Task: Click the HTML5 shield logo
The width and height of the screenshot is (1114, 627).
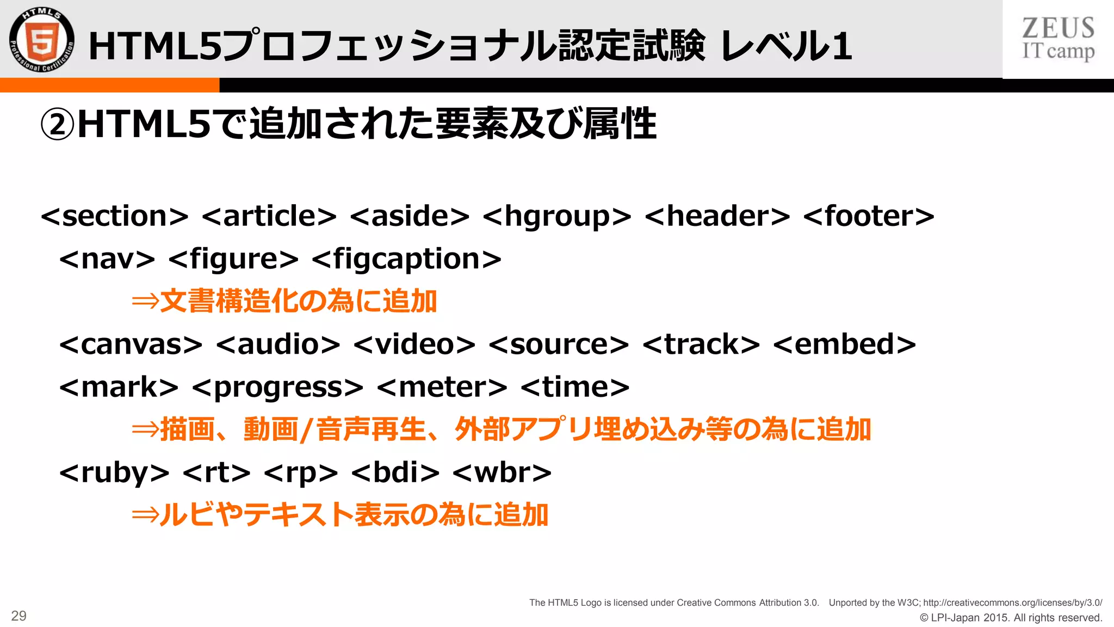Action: point(42,40)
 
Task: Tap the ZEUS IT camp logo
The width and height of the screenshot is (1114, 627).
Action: point(1058,39)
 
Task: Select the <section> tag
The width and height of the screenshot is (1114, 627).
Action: point(115,216)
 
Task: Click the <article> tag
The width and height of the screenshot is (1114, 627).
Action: point(269,216)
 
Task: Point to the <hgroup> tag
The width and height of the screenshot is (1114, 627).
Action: point(557,216)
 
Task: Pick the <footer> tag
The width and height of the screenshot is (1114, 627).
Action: point(869,216)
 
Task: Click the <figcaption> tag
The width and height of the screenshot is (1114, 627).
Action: point(406,259)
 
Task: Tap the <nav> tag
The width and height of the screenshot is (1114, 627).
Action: point(107,259)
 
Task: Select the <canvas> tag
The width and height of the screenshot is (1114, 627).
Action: point(131,345)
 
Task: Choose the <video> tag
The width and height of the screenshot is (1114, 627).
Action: point(414,345)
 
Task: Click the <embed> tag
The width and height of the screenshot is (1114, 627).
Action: point(844,345)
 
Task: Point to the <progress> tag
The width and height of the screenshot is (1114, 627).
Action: point(277,388)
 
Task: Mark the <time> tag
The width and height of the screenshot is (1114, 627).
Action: point(575,388)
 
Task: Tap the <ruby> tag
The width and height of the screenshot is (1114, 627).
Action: point(114,473)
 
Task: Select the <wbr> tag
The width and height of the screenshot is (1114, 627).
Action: point(502,473)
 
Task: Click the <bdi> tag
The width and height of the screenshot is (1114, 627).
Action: point(395,473)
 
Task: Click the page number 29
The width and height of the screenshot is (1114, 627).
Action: point(19,616)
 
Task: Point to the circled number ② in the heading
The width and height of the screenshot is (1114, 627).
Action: point(57,125)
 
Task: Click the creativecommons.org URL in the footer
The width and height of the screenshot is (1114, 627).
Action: point(1012,603)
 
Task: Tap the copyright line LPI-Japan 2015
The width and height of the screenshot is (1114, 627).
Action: point(1011,618)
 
